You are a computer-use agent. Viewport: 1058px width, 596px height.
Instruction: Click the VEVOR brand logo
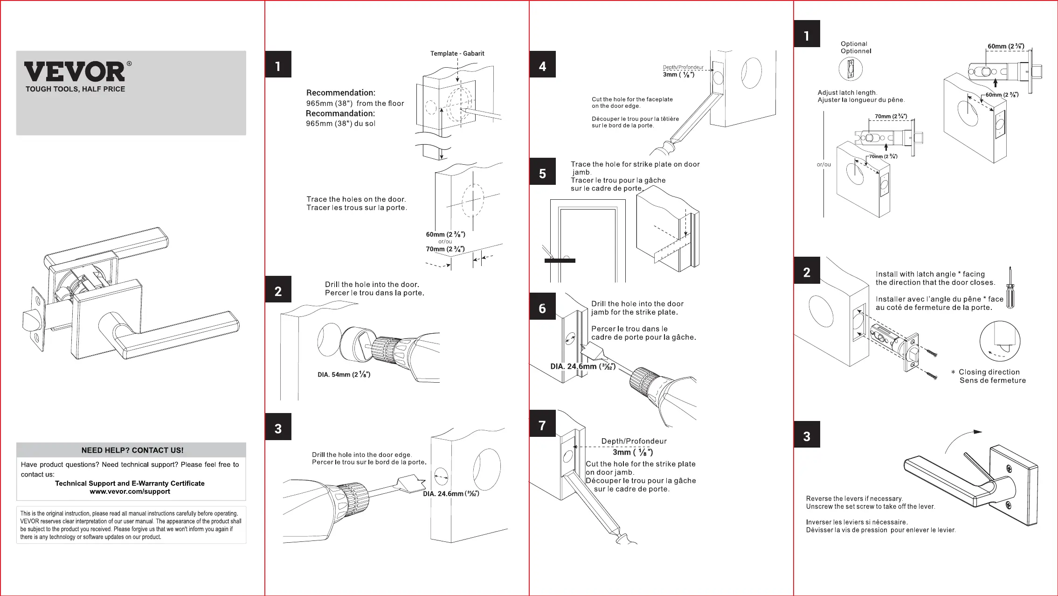(75, 72)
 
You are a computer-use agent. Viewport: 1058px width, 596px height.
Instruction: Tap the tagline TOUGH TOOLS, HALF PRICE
(75, 89)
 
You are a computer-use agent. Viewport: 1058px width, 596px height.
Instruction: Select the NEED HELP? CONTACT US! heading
(132, 450)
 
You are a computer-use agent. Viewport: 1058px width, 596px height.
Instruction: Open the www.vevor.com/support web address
(130, 491)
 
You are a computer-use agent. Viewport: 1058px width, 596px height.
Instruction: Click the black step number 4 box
(542, 64)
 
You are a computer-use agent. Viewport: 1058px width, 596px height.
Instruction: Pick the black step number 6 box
(542, 307)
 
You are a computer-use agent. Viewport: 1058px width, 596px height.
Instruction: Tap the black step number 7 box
(542, 424)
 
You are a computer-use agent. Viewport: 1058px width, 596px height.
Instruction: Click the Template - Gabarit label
(457, 54)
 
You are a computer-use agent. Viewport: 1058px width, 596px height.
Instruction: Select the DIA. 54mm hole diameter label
(344, 374)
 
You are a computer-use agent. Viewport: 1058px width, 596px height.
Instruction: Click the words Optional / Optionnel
(856, 47)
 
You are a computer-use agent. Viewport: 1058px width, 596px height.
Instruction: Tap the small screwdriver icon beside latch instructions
(1010, 287)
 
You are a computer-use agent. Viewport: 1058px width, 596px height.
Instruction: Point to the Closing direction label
(989, 372)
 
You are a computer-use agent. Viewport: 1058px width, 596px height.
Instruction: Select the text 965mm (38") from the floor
(355, 103)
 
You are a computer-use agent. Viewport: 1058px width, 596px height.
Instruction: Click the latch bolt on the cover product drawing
(32, 321)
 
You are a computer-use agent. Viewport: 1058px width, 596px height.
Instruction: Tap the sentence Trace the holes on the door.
(356, 199)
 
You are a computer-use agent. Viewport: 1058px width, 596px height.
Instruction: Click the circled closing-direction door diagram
(1000, 341)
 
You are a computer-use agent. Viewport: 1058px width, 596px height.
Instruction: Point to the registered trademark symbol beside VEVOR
(129, 64)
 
